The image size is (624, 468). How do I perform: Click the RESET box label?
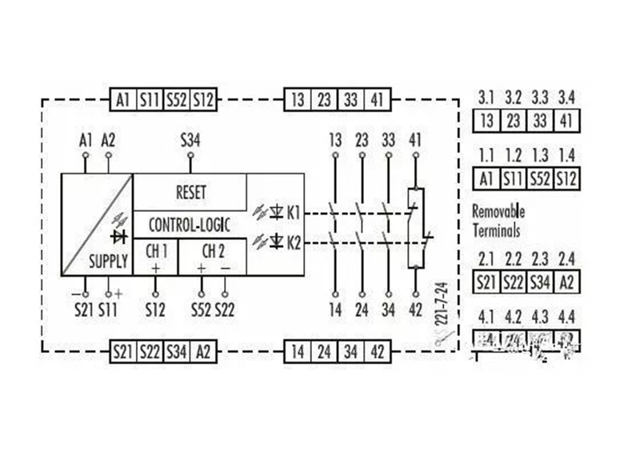point(190,192)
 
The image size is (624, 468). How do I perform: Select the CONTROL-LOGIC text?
point(190,225)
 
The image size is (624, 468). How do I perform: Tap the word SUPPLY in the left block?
point(108,262)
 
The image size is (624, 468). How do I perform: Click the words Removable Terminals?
point(498,222)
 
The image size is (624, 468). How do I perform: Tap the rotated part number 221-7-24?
point(439,304)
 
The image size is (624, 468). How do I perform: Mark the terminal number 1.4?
point(566,155)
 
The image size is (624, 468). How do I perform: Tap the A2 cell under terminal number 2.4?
point(566,282)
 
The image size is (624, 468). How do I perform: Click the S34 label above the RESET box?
point(190,142)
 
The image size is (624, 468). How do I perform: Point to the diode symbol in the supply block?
point(121,237)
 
